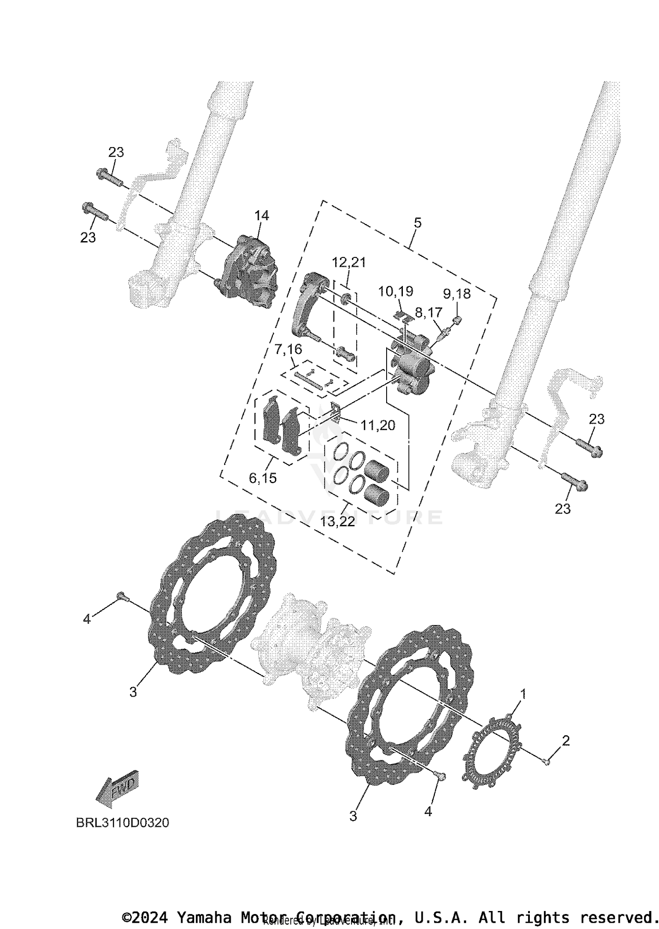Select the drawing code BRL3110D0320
tap(123, 822)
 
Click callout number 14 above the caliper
tap(261, 216)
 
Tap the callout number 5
tap(417, 223)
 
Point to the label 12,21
tap(349, 262)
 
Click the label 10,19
tap(395, 291)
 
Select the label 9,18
tap(456, 294)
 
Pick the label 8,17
tap(428, 313)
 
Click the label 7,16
tap(288, 350)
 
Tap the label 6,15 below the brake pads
tap(263, 478)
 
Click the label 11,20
tap(378, 425)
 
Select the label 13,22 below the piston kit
tap(337, 522)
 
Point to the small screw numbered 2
tap(546, 762)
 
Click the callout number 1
tap(523, 694)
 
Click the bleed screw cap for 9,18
tap(458, 320)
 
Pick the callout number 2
tap(566, 741)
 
